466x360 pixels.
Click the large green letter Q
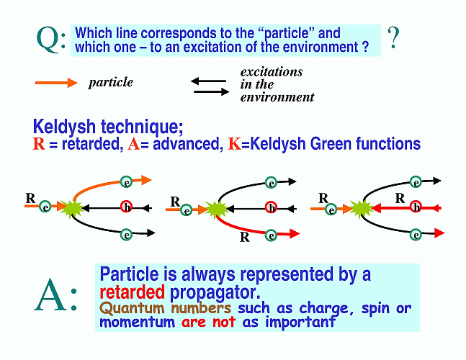click(48, 40)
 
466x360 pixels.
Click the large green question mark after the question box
click(393, 37)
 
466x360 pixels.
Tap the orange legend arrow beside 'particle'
click(56, 83)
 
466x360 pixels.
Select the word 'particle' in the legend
click(110, 83)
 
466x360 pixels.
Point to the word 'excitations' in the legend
click(272, 72)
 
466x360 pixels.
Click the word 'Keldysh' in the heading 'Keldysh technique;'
click(65, 127)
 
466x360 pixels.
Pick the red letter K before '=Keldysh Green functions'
click(234, 144)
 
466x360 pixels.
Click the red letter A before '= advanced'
click(134, 144)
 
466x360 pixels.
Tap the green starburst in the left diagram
click(71, 208)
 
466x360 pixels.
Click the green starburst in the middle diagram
click(215, 210)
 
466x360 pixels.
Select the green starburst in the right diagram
click(359, 209)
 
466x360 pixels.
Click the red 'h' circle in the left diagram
click(126, 207)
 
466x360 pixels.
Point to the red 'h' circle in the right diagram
click(416, 207)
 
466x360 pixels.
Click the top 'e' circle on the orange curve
click(126, 181)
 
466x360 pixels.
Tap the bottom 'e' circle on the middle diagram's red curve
click(271, 235)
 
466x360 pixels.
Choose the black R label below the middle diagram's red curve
click(245, 237)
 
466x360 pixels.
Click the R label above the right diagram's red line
click(400, 198)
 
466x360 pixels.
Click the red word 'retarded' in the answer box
click(132, 292)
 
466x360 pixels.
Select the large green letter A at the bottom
click(50, 295)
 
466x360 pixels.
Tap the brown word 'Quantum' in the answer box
click(132, 308)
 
